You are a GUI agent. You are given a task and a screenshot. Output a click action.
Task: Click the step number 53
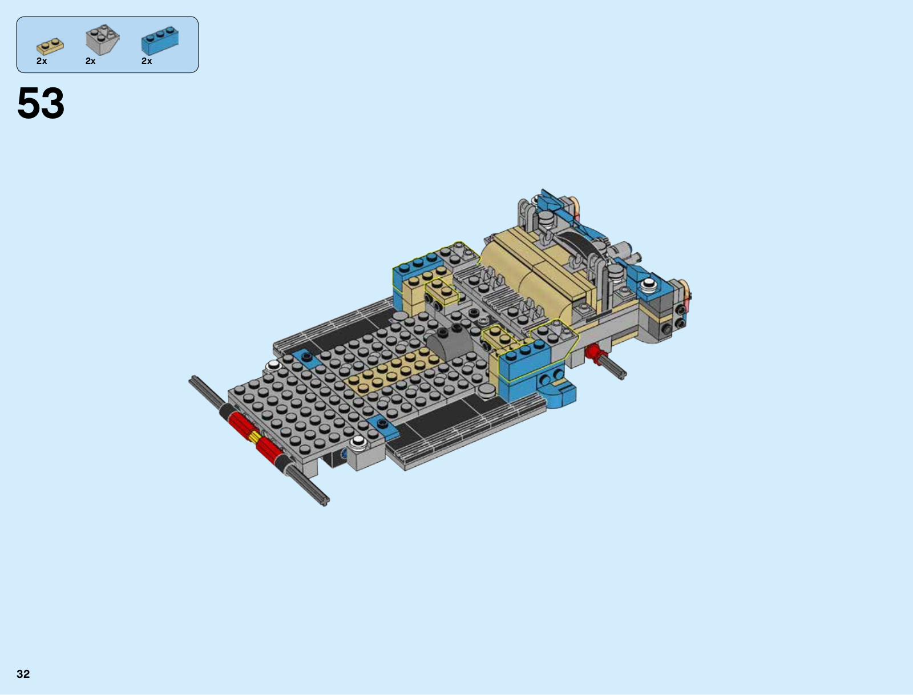41,103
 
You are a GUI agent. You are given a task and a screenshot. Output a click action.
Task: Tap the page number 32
23,674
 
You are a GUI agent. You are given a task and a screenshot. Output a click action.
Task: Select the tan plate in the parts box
50,47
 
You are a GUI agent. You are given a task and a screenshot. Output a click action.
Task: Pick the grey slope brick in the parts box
102,39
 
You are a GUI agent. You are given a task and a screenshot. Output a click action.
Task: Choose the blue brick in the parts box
160,41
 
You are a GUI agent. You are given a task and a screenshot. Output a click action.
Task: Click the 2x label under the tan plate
42,61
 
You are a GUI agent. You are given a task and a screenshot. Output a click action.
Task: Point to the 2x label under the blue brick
147,61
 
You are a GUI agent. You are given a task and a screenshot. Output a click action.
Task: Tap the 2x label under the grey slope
91,61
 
